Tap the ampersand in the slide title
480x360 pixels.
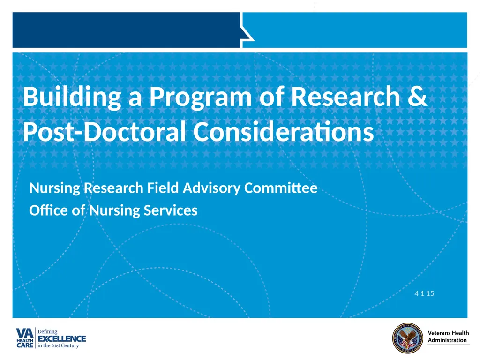pos(417,97)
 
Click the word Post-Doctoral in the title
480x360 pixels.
pos(105,132)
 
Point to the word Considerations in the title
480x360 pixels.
pos(284,132)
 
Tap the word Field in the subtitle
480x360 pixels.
pos(163,188)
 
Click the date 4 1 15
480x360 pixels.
pos(424,294)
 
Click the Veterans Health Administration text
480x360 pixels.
pos(448,337)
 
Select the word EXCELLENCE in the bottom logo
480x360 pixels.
pos(61,338)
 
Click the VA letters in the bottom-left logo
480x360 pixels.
pos(25,332)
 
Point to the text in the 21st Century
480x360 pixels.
pos(58,346)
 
